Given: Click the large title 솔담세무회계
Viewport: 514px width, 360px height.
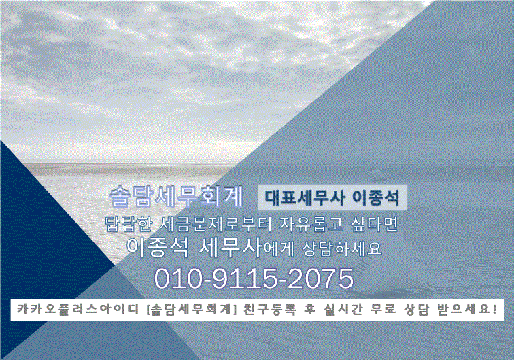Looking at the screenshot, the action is point(176,196).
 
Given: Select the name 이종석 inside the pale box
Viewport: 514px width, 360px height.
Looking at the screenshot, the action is point(376,197).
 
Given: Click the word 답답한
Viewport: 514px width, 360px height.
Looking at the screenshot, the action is point(129,224).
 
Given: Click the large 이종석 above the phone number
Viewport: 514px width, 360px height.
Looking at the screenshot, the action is point(158,247).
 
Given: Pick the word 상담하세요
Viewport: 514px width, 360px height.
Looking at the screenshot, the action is point(342,249).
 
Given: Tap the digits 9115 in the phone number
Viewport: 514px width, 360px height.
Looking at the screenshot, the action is point(246,278).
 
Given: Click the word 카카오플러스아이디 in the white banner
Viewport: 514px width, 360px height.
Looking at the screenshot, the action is point(78,309).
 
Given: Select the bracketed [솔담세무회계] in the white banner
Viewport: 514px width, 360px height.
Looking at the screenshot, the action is point(192,309).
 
